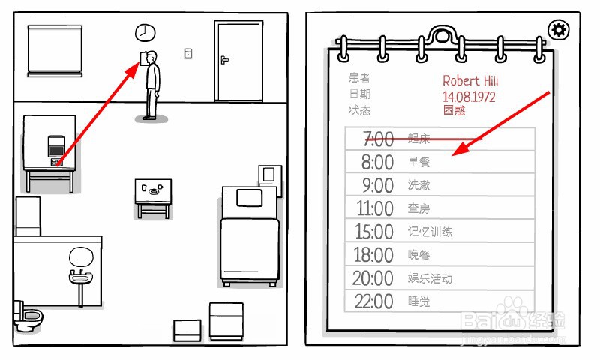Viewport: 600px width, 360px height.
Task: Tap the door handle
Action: tap(224, 59)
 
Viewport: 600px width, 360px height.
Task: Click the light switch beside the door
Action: tap(187, 53)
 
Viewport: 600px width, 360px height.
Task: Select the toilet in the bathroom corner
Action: tap(28, 317)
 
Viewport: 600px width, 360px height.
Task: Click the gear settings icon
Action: tap(558, 30)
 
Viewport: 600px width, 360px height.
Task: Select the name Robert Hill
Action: tap(470, 81)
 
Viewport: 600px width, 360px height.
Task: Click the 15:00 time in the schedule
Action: tap(373, 232)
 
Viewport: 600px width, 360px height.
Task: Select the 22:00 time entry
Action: tap(373, 301)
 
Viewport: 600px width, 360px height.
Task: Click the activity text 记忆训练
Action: tap(430, 232)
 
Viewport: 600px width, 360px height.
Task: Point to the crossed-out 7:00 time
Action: tap(377, 139)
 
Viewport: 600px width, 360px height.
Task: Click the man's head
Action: tap(153, 57)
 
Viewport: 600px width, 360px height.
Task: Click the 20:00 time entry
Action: tap(373, 278)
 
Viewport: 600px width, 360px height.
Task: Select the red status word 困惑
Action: tap(454, 110)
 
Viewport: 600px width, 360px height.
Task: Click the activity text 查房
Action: tap(418, 208)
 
